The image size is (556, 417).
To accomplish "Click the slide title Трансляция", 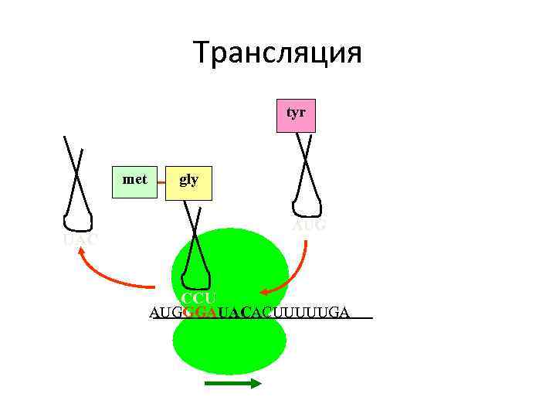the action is [277, 53].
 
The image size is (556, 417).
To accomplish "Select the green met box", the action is [134, 181].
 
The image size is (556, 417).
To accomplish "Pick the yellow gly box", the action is [188, 181].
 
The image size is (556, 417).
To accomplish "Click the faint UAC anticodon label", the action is [80, 240].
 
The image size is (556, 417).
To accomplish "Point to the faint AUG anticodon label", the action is [309, 225].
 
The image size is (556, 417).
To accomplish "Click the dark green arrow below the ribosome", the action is [234, 384].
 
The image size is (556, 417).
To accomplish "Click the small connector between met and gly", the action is [162, 183].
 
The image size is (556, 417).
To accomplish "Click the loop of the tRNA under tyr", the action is [307, 207].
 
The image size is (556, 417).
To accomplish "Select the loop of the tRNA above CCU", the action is [197, 276].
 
